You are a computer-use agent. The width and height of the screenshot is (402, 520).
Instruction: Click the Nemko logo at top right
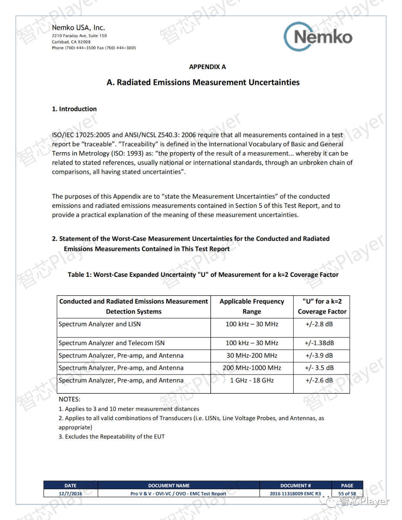pos(318,36)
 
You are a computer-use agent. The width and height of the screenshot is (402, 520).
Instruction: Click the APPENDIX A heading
pos(207,67)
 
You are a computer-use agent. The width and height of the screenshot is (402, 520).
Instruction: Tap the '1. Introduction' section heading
pos(74,109)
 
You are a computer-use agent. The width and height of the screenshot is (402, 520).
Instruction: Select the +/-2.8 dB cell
pos(319,324)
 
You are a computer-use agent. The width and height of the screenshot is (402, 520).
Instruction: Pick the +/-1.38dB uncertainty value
pos(319,343)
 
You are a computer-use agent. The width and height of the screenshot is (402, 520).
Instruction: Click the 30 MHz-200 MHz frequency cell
pos(252,356)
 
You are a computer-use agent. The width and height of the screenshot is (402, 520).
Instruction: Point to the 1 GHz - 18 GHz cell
pos(252,380)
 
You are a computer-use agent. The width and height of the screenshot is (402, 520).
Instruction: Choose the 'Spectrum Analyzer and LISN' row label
pos(100,324)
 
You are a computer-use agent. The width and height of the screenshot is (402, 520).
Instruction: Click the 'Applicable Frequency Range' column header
pos(252,306)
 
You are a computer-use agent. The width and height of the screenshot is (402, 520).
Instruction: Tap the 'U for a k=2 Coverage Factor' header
pos(322,306)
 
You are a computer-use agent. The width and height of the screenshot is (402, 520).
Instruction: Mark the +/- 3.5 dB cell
pos(319,368)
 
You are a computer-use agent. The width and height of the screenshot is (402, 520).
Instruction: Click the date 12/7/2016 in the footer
pos(70,494)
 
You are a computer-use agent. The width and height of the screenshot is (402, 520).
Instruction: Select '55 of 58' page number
pos(347,494)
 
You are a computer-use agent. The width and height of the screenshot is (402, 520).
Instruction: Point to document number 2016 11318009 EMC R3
pos(295,494)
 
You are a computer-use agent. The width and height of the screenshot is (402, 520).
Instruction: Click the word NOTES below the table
pos(70,399)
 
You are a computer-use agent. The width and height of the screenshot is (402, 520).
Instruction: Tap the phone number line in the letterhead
pos(94,48)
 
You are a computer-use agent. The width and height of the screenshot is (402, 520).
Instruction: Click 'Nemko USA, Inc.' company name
pos(79,28)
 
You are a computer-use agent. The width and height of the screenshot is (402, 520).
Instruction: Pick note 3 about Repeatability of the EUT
pos(112,437)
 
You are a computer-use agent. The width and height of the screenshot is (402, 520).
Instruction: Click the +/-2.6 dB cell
pos(319,380)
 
